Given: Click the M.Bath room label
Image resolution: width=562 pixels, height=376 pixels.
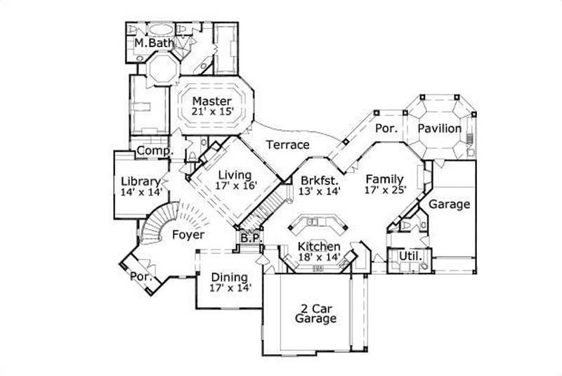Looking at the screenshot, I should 150,44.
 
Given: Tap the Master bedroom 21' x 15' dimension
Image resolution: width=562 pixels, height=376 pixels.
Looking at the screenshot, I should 212,112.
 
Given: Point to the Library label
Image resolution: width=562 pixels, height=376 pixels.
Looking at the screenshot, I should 140,180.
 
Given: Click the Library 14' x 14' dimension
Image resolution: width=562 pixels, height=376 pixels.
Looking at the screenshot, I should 140,191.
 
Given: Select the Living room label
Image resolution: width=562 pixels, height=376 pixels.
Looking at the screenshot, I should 235,174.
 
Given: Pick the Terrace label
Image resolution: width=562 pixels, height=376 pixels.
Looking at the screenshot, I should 287,145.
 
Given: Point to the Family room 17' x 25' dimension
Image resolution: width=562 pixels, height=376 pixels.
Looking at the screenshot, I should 386,190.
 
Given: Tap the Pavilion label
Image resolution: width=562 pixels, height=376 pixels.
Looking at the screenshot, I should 440,129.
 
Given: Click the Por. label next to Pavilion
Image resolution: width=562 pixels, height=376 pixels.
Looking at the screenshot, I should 386,129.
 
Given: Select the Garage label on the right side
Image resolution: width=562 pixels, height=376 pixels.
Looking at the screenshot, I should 449,205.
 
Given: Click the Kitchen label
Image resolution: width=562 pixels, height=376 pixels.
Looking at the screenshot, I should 319,247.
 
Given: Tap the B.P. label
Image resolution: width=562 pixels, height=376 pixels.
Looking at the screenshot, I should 250,238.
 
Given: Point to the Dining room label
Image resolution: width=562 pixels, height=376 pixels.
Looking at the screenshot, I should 229,276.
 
